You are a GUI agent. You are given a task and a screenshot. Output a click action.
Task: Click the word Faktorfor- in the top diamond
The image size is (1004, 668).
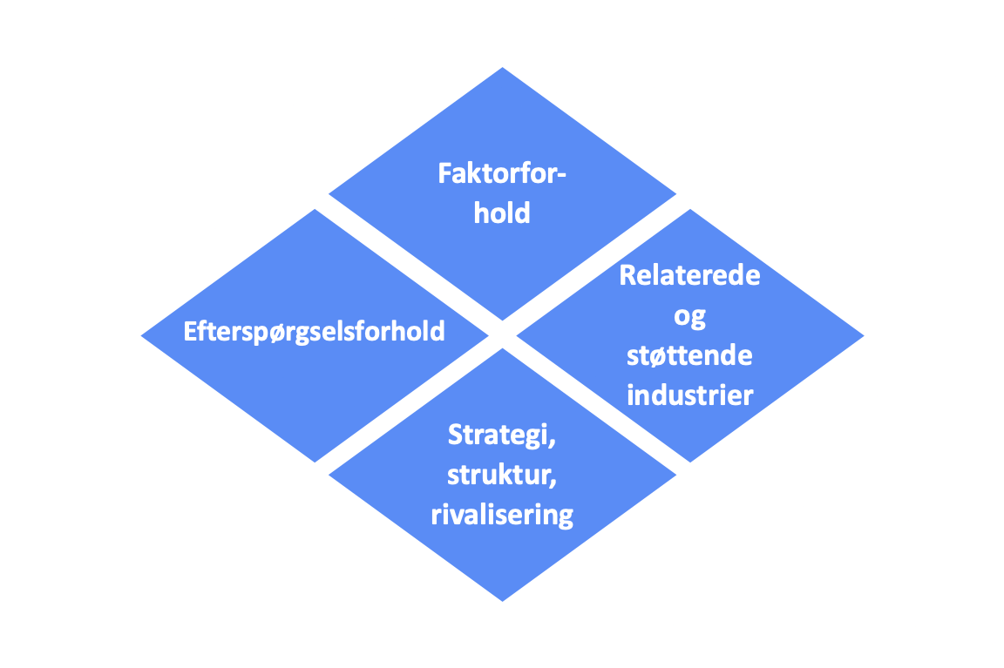pyautogui.click(x=502, y=173)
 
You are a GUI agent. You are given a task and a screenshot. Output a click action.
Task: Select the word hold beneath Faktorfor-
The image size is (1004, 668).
pyautogui.click(x=502, y=213)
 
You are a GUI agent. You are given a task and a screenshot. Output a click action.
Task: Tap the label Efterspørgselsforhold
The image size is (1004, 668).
pyautogui.click(x=314, y=332)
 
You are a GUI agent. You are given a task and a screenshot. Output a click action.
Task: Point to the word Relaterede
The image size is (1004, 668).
pyautogui.click(x=689, y=275)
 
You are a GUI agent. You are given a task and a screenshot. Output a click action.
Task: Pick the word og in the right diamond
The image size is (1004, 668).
pyautogui.click(x=689, y=317)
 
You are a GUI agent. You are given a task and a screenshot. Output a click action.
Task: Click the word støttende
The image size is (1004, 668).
pyautogui.click(x=689, y=355)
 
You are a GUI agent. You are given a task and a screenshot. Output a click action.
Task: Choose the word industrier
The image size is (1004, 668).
pyautogui.click(x=689, y=395)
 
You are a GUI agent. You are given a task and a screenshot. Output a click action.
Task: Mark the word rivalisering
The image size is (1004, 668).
pyautogui.click(x=502, y=515)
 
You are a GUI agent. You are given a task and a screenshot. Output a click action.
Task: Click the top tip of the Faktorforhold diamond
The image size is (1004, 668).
pyautogui.click(x=503, y=67)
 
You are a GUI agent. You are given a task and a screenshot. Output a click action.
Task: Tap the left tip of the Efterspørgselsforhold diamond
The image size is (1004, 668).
pyautogui.click(x=141, y=335)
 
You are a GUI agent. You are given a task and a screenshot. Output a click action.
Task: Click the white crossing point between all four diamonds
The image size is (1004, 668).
pyautogui.click(x=503, y=334)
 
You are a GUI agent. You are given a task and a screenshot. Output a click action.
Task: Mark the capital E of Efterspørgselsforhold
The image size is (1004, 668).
pyautogui.click(x=190, y=332)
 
